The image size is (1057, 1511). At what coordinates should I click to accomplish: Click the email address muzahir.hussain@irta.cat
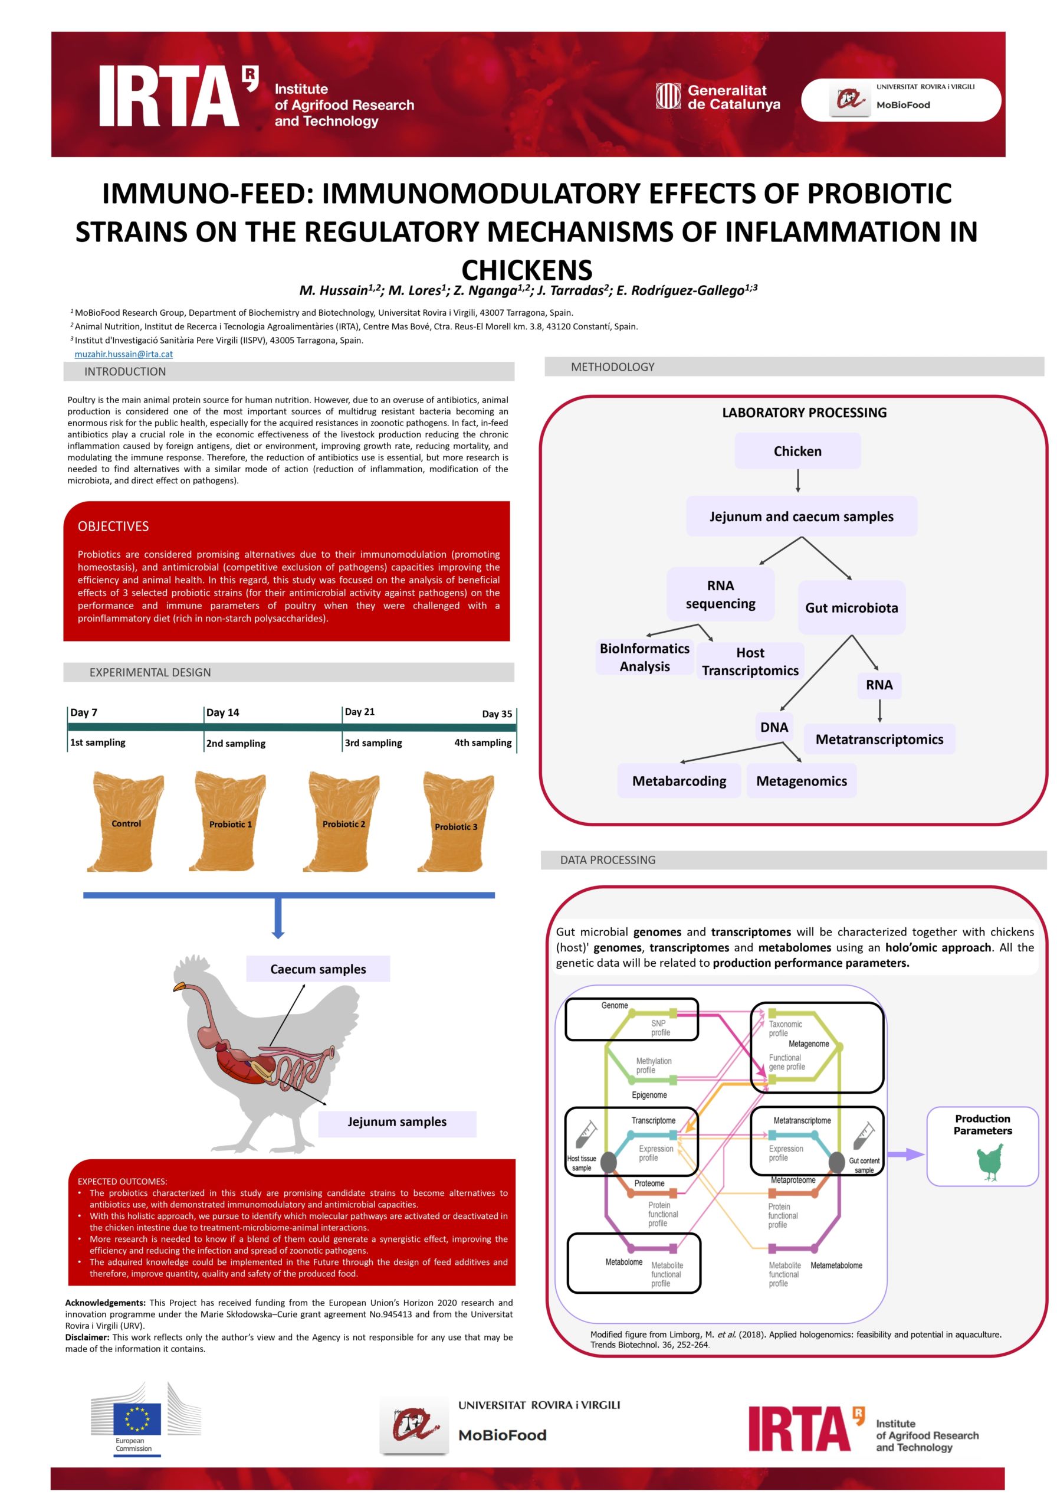click(124, 354)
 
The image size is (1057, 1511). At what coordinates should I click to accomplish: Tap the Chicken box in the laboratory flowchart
click(797, 451)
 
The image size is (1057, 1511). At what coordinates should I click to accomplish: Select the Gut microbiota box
click(851, 607)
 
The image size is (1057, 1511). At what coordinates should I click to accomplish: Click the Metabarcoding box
click(679, 780)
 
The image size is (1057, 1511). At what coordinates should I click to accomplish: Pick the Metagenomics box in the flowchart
click(801, 780)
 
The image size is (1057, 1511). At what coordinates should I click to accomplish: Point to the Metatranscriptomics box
click(879, 739)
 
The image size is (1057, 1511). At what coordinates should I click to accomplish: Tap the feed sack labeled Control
click(126, 821)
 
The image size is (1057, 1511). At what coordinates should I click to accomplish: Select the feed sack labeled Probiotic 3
click(455, 823)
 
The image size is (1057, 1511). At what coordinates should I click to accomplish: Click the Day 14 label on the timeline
click(222, 712)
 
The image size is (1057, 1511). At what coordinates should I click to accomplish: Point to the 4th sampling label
click(482, 743)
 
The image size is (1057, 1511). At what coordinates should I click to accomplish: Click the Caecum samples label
click(318, 969)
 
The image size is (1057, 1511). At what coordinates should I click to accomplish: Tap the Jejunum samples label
click(396, 1121)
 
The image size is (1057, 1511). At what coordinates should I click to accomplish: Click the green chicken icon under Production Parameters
click(989, 1162)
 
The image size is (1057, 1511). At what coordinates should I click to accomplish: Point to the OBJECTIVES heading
click(113, 526)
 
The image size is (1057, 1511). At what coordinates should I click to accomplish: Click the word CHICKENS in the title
click(527, 270)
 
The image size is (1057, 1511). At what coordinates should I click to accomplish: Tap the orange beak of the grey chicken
click(179, 987)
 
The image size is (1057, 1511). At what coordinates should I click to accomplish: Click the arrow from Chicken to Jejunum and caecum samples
click(798, 480)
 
